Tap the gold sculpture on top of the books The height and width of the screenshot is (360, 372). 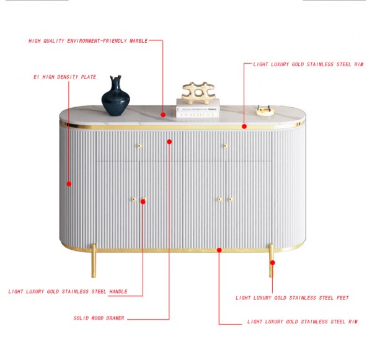(x=198, y=93)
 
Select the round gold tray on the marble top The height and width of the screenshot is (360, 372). (x=265, y=111)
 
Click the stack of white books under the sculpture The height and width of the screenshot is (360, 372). (x=198, y=108)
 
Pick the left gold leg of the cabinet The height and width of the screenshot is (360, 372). (x=94, y=260)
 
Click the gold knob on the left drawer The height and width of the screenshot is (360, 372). (x=139, y=146)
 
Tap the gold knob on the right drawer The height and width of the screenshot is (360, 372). (x=226, y=146)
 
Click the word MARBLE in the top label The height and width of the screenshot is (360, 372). (x=138, y=41)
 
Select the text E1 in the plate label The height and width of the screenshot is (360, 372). (x=37, y=77)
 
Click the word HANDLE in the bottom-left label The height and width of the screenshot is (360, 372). (x=118, y=291)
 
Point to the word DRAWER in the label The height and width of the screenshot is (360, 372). (x=115, y=318)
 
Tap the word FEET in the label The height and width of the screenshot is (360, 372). (x=343, y=297)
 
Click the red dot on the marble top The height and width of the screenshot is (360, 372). (x=163, y=115)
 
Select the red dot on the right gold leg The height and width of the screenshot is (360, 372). (x=273, y=263)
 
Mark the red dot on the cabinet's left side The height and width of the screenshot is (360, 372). (x=69, y=184)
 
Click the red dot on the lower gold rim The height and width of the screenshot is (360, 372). (x=219, y=250)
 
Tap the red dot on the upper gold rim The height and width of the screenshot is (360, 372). (x=244, y=126)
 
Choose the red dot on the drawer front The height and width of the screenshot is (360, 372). (x=169, y=142)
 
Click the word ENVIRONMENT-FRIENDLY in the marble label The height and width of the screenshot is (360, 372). (x=97, y=41)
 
